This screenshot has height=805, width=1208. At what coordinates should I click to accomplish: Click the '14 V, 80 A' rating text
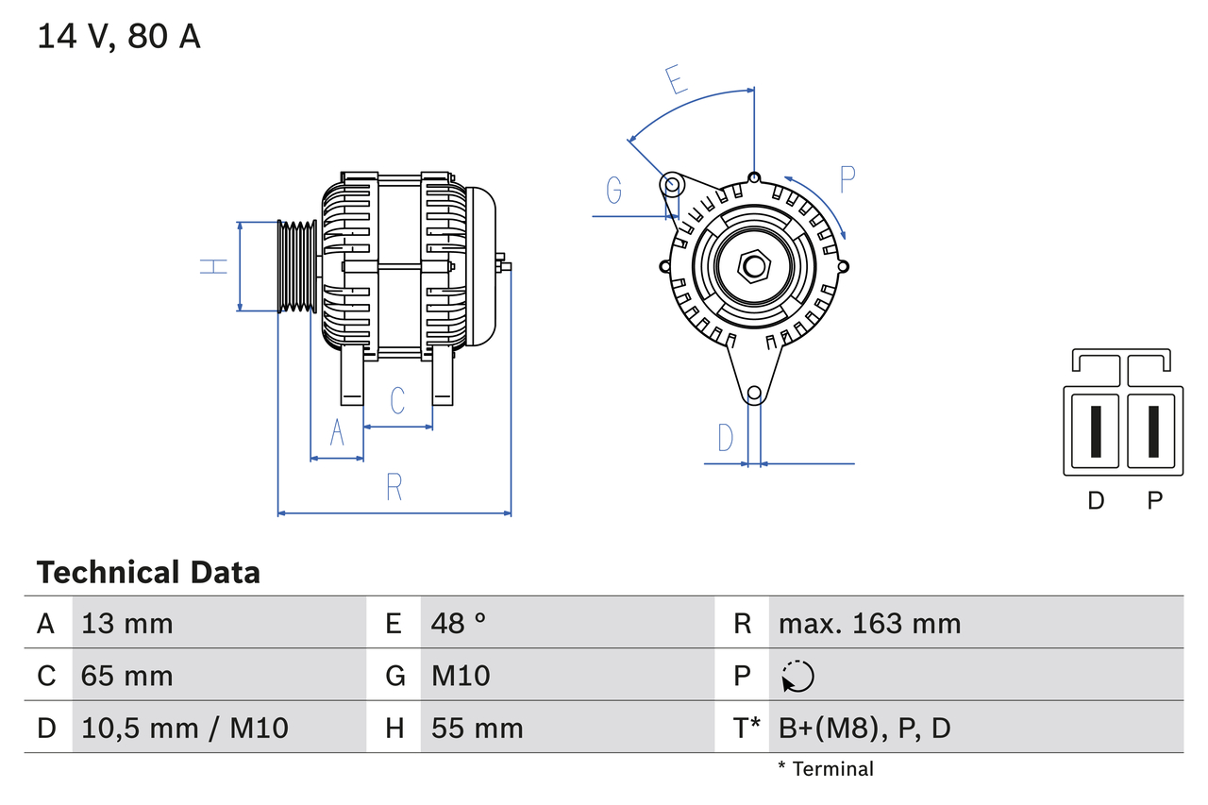coord(119,36)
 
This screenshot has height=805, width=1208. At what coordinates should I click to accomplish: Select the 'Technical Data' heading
coord(148,572)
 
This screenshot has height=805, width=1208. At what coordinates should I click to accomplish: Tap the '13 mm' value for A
coord(127,623)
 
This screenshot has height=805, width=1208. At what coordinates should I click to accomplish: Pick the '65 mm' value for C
coord(127,676)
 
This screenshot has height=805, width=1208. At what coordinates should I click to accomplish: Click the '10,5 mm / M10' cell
coord(185,728)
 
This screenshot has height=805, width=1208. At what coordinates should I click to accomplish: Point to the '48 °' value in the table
coord(459,623)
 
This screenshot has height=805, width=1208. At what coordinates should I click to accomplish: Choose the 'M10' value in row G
coord(461,676)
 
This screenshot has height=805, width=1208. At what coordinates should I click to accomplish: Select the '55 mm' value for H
coord(477,728)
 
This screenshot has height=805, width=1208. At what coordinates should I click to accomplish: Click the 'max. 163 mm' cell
coord(869,623)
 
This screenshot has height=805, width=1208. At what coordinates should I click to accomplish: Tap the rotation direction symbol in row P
coord(797,676)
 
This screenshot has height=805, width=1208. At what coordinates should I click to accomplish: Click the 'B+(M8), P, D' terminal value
coord(864,728)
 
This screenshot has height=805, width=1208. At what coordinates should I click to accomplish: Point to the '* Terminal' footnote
coord(826,768)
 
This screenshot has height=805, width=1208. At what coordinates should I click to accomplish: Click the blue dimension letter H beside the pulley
coord(215,266)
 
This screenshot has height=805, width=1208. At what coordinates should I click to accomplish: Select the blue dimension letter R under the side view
coord(394,487)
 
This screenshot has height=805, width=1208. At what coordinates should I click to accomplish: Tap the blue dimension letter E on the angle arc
coord(676,80)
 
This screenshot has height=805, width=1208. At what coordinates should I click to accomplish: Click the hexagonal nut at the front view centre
coord(753,266)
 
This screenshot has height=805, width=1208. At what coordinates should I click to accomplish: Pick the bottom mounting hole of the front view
coord(753,394)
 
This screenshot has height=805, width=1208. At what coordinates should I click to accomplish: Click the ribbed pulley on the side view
coord(297,266)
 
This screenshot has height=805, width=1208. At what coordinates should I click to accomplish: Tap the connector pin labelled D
coord(1095,431)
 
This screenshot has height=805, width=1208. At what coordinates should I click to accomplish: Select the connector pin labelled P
coord(1153,431)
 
